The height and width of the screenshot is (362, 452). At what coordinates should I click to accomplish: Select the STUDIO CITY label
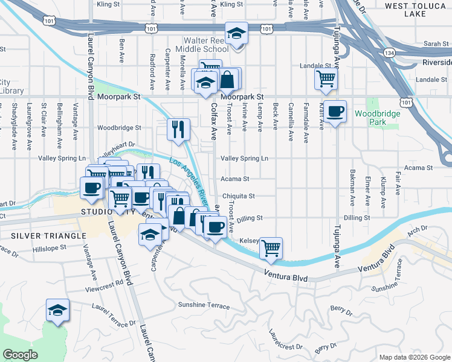(x=106, y=212)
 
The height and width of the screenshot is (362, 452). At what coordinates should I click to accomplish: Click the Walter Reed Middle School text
(x=202, y=44)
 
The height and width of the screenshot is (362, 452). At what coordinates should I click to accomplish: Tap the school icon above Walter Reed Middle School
(x=236, y=33)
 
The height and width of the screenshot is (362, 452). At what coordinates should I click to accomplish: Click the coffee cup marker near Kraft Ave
(x=335, y=111)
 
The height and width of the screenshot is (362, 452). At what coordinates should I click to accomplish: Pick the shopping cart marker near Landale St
(x=326, y=78)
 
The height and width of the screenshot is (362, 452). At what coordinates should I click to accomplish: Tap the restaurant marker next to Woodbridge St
(x=178, y=129)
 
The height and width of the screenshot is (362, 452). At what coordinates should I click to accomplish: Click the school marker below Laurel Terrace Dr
(x=58, y=311)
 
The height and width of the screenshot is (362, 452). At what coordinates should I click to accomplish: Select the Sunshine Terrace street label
(x=204, y=305)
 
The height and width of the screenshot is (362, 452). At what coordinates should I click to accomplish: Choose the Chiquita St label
(x=238, y=196)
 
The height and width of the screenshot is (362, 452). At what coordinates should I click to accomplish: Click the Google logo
(x=21, y=355)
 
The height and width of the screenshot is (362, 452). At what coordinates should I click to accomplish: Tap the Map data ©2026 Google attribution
(x=415, y=357)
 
